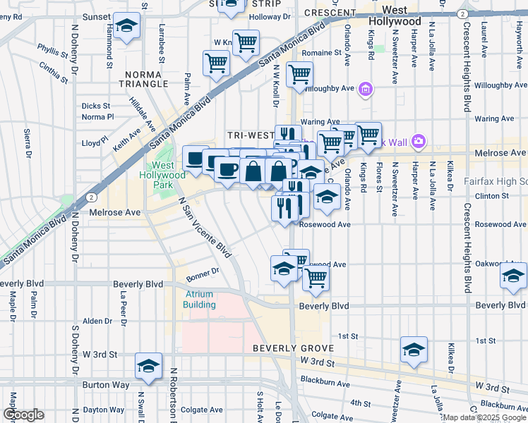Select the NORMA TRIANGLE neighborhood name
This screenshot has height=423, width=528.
[x=148, y=79]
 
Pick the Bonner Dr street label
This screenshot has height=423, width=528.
[x=205, y=270]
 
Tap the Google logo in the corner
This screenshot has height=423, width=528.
[x=23, y=415]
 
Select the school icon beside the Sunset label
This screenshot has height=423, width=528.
[x=126, y=26]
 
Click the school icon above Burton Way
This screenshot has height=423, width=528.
[x=148, y=365]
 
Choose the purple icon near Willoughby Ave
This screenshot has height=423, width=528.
[x=365, y=89]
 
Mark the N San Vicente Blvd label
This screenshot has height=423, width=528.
[x=205, y=226]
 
